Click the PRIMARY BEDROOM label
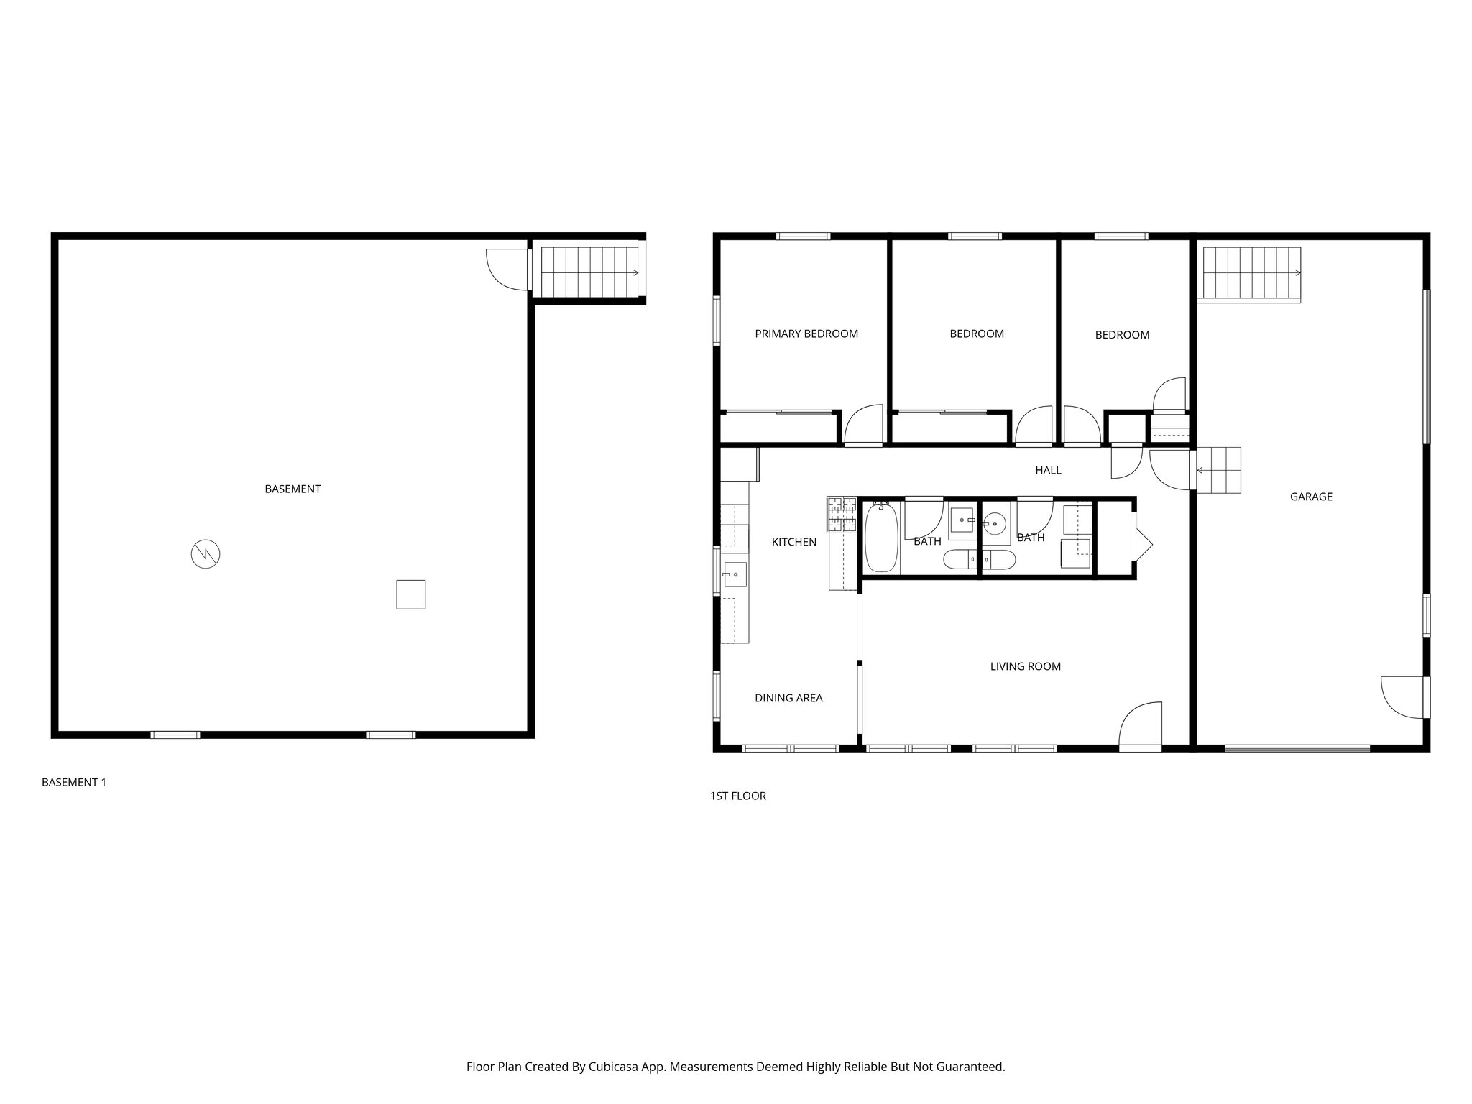(x=806, y=333)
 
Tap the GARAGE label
(x=1311, y=497)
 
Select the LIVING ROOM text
(x=1025, y=666)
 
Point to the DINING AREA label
(x=788, y=698)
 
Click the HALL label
(x=1048, y=471)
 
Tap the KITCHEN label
(x=793, y=542)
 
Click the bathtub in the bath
(x=880, y=538)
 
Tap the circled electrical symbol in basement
(x=205, y=553)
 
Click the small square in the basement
(x=410, y=594)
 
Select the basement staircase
(x=589, y=272)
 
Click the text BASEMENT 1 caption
(x=74, y=782)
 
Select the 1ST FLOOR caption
(x=737, y=796)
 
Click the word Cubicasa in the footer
(x=615, y=1067)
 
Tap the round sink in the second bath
(x=995, y=523)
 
